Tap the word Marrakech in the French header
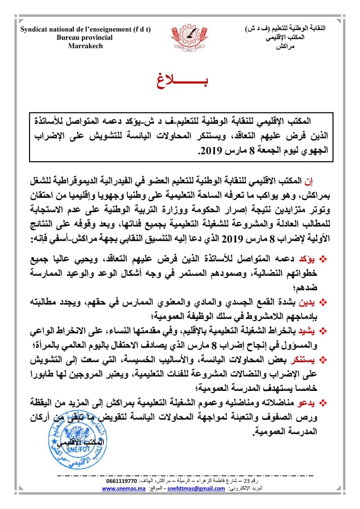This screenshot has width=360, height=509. click(x=85, y=46)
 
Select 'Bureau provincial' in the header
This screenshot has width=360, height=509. click(x=85, y=37)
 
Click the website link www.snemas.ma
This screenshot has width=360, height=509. click(x=121, y=489)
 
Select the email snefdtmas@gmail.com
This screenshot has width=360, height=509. click(x=196, y=489)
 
